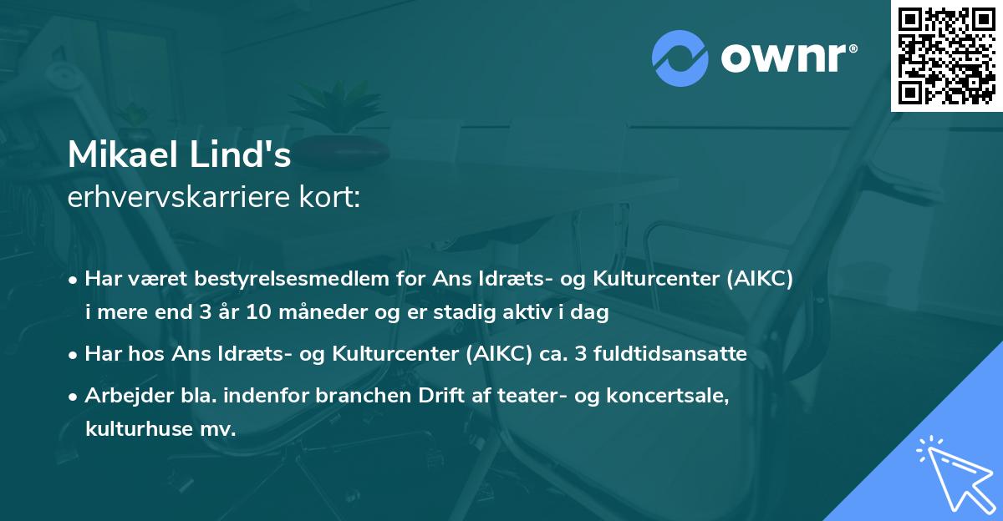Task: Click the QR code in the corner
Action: tap(947, 55)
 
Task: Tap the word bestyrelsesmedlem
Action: tap(299, 280)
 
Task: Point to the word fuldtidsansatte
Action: tap(675, 354)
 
